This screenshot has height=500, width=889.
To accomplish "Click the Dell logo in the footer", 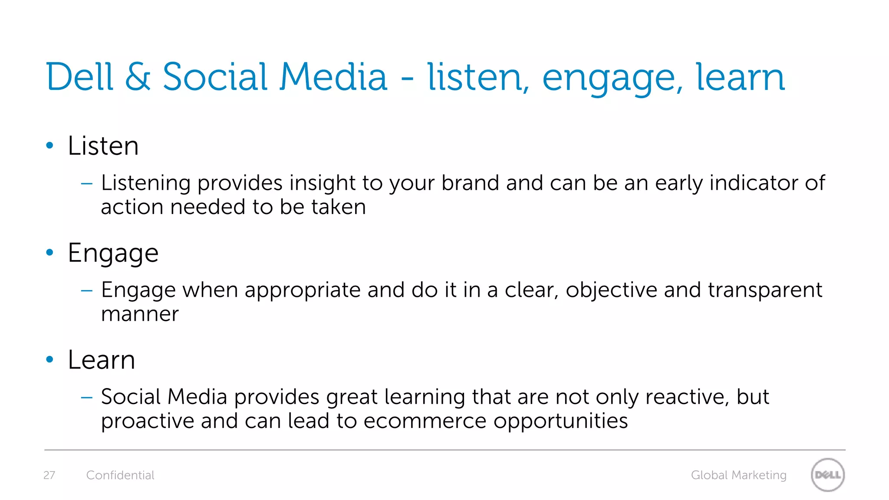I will (827, 475).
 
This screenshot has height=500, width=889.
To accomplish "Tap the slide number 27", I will (49, 475).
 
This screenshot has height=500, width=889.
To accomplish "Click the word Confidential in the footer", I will (120, 475).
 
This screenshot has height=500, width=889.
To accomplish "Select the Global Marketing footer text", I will (738, 475).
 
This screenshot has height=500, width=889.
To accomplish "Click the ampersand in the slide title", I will (138, 77).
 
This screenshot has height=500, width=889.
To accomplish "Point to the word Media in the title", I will (333, 77).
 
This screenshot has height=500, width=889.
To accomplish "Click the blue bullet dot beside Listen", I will (49, 145).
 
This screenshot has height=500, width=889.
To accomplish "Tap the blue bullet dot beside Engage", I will (49, 252).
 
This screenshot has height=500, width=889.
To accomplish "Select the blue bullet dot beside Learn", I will (49, 359).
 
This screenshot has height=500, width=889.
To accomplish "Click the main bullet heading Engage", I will (113, 253).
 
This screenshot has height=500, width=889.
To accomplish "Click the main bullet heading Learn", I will (102, 360).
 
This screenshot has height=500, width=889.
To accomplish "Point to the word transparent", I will (765, 290).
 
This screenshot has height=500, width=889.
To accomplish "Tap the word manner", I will (140, 314).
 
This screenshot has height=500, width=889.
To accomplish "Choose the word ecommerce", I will (425, 421).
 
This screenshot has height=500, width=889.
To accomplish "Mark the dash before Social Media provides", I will (87, 397).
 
